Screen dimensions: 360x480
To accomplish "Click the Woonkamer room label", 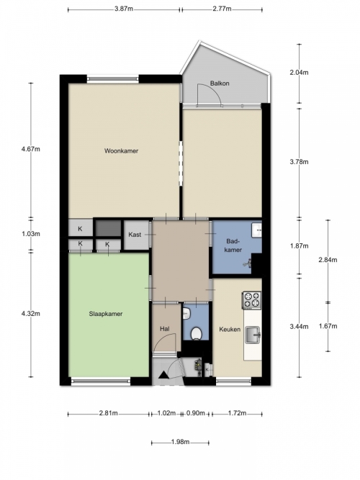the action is pos(121,150).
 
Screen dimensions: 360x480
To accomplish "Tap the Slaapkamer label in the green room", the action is pos(106,314).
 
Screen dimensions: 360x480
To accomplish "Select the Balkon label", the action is pos(220,83).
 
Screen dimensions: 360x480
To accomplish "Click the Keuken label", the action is pos(230,330).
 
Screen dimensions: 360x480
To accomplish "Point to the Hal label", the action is pos(165,329).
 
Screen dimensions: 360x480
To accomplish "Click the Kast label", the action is pos(135,235).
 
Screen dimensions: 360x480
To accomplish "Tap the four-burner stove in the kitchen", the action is pos(252,300).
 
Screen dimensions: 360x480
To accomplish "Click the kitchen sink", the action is pos(253,335).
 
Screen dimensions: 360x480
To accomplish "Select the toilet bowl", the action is pos(196,334).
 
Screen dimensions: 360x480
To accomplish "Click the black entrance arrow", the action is pos(163,375).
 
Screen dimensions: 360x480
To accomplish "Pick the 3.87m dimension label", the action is pos(124,9).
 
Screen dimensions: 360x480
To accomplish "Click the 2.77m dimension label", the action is pos(222,9).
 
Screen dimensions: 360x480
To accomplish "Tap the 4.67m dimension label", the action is pos(31,150).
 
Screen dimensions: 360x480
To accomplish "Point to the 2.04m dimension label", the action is pos(299,73).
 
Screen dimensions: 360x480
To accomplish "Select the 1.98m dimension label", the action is pos(180,442).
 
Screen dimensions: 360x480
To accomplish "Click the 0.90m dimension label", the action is pos(195,413).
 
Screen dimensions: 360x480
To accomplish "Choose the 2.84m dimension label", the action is pos(328,260).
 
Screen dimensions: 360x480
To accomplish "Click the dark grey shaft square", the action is pos(108,228).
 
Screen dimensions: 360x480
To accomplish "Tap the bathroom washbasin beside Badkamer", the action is pos(257,230).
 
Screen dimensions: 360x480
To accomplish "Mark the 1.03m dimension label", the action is pos(31,234).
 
